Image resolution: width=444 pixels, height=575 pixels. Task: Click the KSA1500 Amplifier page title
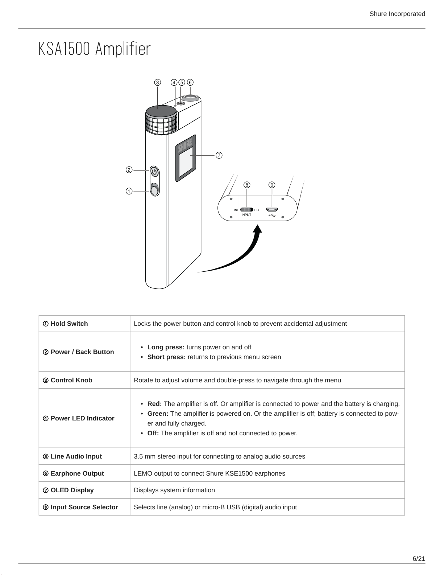click(94, 49)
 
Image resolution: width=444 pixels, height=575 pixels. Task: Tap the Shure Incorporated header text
click(397, 14)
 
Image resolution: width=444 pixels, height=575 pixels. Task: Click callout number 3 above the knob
click(158, 83)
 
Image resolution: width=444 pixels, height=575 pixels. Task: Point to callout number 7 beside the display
click(219, 155)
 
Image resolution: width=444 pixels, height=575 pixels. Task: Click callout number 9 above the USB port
click(272, 185)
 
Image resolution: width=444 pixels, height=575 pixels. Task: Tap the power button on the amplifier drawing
click(155, 172)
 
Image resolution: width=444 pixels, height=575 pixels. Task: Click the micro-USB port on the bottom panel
click(272, 210)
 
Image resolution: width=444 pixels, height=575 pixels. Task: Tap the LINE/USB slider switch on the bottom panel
click(246, 210)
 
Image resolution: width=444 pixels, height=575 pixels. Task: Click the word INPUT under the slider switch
click(246, 215)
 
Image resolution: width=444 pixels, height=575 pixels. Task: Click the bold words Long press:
click(166, 347)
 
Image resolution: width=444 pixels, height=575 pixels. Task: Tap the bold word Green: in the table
click(158, 414)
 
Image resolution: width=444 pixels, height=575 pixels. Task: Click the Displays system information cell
click(174, 490)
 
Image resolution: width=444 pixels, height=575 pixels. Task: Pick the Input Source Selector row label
click(80, 507)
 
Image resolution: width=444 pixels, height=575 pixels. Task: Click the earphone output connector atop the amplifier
click(190, 98)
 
